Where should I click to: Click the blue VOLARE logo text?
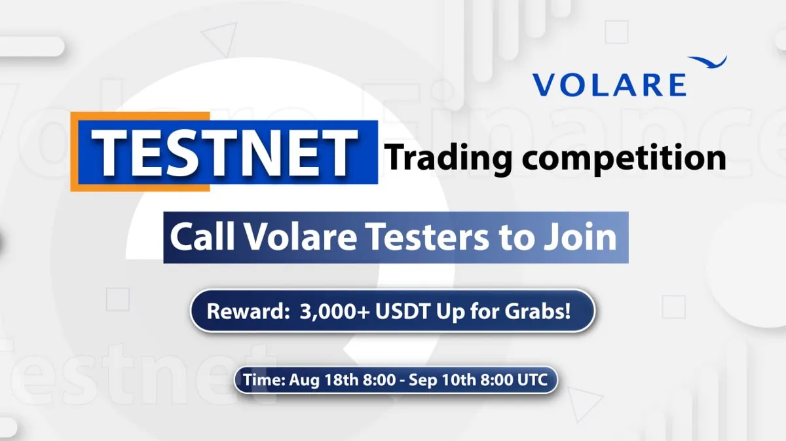(610, 85)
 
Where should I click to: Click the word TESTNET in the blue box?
(225, 153)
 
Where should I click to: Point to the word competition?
(624, 159)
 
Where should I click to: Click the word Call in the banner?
(202, 237)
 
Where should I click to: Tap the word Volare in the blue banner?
(301, 237)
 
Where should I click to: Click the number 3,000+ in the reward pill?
(335, 312)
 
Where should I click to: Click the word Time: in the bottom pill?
(264, 380)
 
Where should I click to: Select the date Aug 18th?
(324, 380)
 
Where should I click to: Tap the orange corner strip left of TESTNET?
(74, 151)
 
